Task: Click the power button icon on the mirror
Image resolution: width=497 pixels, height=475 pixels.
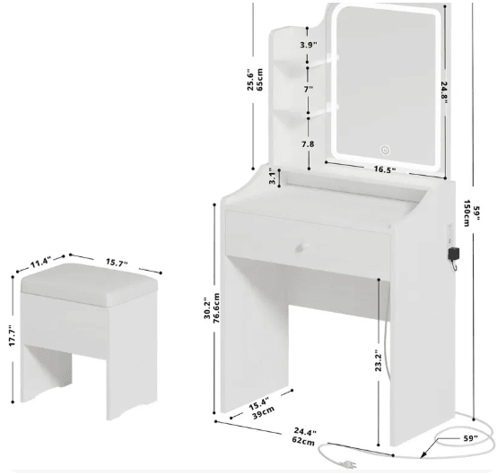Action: tap(385, 150)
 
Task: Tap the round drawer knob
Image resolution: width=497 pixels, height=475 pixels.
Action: tap(300, 247)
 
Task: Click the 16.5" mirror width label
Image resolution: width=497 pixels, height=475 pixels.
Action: tap(385, 169)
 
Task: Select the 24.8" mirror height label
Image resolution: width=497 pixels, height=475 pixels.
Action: tap(444, 93)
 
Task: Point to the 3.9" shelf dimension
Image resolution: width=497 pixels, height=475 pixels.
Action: tap(309, 45)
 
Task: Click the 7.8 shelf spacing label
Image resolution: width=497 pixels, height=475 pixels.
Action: tap(308, 144)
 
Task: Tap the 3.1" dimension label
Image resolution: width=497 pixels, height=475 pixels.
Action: tap(273, 177)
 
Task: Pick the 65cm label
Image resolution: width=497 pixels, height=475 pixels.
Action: tap(259, 80)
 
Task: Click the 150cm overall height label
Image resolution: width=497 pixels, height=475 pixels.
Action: tap(466, 213)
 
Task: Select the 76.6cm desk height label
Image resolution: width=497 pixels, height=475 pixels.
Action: tap(217, 308)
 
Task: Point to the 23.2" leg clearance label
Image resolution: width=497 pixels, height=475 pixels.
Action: tap(379, 360)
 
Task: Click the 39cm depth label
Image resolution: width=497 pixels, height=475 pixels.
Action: tap(264, 412)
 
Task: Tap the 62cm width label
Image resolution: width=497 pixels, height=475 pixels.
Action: tap(303, 441)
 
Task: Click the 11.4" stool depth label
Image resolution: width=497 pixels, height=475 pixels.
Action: tap(40, 263)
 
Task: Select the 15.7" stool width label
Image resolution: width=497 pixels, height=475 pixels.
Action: tap(117, 263)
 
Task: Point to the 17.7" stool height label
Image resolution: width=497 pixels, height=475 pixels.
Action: tap(12, 335)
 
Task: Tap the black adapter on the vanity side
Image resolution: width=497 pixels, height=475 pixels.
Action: tap(454, 254)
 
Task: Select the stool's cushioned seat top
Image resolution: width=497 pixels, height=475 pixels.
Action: tap(89, 284)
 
